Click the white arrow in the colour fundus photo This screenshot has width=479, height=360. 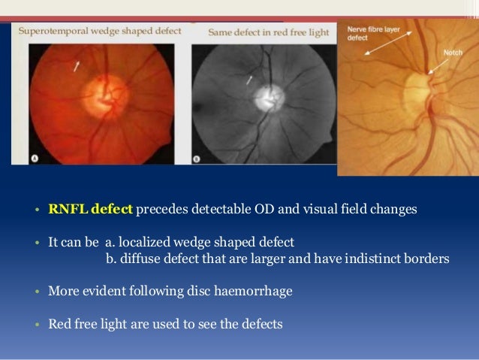(77, 68)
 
